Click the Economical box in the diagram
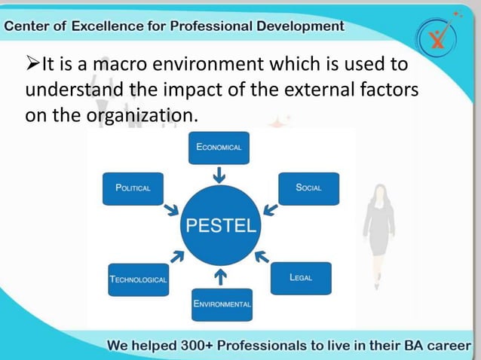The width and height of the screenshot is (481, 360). tap(219, 148)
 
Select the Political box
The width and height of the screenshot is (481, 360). tap(133, 188)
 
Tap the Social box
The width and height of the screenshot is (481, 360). tap(308, 188)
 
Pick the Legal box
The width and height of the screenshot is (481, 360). tap(300, 277)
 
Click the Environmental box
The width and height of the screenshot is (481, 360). tap(222, 304)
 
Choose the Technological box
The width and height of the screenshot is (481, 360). tap(139, 279)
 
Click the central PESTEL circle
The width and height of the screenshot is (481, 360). tap(220, 224)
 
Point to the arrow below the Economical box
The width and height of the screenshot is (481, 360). tap(219, 175)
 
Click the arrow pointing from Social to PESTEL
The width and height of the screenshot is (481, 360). tap(269, 209)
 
